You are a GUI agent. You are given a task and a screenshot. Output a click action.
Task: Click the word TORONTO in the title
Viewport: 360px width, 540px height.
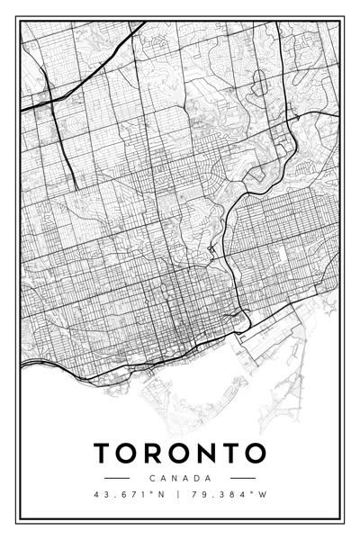tap(180, 452)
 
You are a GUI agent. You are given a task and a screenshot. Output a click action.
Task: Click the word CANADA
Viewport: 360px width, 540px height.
tap(180, 478)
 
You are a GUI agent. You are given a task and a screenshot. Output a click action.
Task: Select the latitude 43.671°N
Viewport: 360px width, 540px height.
tap(130, 494)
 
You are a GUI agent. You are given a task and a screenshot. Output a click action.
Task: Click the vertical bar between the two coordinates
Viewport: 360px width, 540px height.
tap(179, 494)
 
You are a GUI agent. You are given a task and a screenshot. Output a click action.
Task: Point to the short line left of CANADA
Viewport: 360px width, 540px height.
tap(118, 478)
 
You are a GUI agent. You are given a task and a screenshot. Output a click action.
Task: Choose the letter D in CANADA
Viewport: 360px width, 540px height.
tap(197, 478)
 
